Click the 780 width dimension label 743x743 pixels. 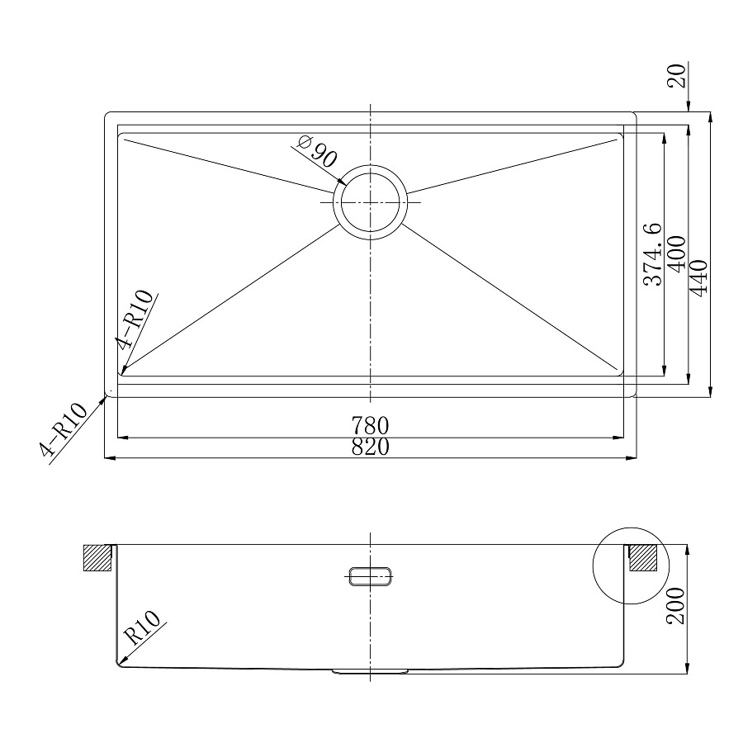point(370,425)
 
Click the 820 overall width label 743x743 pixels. point(370,447)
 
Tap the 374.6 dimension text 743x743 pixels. point(652,254)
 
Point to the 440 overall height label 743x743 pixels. point(698,278)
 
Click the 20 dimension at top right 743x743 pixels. point(677,76)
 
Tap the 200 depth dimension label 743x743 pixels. point(675,606)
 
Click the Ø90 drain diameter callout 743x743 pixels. point(316,151)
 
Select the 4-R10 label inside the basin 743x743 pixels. point(136,319)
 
